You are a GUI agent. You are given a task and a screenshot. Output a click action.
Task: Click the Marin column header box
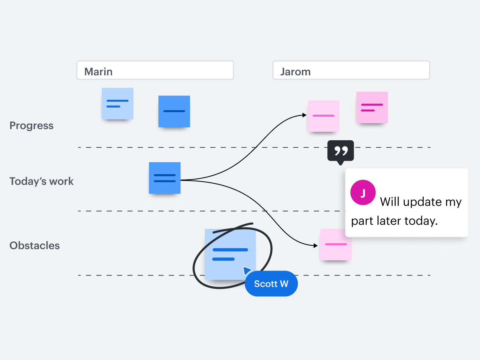[155, 70]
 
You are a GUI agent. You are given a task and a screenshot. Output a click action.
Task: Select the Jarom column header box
[351, 70]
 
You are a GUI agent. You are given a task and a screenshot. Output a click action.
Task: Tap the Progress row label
[31, 126]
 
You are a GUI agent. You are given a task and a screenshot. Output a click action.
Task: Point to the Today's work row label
[41, 181]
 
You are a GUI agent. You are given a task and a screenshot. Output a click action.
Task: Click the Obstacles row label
[35, 245]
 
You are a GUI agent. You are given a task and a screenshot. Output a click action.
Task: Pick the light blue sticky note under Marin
[118, 103]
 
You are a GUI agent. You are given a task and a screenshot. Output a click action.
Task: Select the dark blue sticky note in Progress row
[174, 111]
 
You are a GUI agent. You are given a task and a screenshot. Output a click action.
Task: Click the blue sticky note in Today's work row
[165, 178]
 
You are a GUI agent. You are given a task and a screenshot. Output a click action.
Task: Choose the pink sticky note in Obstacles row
[336, 245]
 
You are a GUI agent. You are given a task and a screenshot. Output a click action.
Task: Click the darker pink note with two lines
[372, 108]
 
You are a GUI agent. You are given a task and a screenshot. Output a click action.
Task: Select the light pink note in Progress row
[323, 116]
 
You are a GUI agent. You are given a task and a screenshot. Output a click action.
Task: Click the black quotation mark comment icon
[341, 151]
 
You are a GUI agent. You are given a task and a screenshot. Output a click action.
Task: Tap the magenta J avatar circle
[363, 193]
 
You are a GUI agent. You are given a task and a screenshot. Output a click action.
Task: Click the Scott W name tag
[271, 284]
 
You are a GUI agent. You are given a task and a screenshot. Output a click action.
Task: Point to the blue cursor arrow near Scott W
[247, 271]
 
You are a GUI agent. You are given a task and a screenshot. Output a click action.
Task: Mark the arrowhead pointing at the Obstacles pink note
[316, 246]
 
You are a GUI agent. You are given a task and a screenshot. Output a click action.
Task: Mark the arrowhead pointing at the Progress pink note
[305, 115]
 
